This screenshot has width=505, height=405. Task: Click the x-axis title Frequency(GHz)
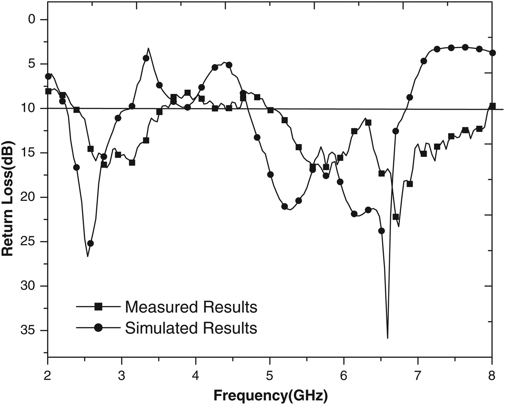point(271,396)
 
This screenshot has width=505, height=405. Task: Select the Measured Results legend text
point(191,307)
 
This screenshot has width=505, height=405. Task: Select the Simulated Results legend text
point(191,328)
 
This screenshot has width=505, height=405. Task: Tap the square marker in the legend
point(98,307)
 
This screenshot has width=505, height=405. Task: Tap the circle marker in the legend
point(98,328)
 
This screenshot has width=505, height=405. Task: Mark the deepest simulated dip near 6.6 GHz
point(387,338)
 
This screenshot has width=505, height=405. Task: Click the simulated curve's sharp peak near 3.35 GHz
point(148,48)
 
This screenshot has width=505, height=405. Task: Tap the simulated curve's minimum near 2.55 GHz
point(88,256)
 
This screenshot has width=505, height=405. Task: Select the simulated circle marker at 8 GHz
point(493,53)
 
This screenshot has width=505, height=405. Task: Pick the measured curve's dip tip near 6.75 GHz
point(399,226)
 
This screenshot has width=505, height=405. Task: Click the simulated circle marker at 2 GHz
point(48,76)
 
